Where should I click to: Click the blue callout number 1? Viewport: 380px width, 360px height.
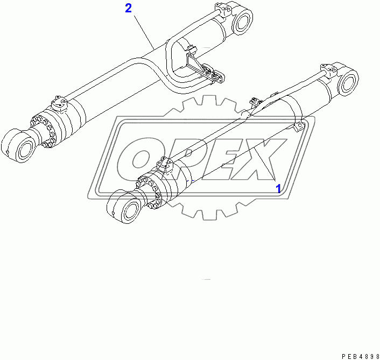point(278,189)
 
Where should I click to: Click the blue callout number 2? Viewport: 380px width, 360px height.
point(128,8)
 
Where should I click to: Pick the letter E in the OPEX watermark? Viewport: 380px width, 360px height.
point(226,157)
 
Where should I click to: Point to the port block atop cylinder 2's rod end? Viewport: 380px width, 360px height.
point(58,103)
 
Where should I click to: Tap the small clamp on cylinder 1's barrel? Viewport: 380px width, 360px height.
point(298,125)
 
